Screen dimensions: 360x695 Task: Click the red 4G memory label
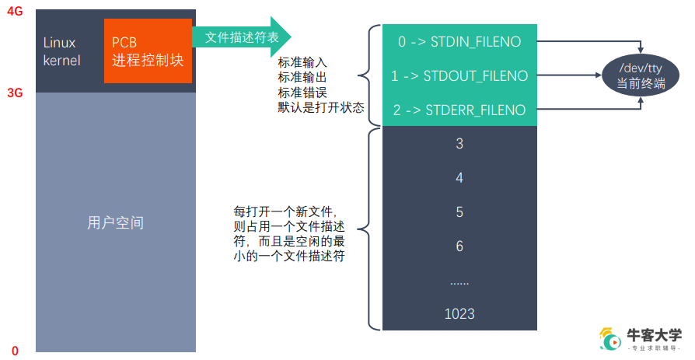coord(14,12)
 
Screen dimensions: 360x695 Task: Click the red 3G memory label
coord(14,93)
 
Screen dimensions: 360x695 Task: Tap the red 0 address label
coord(14,351)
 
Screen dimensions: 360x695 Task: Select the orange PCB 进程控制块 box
coord(148,51)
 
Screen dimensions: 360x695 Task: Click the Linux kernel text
coord(62,51)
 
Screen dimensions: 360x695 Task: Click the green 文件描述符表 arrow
coord(242,37)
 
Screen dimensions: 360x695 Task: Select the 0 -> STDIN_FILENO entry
coord(459,41)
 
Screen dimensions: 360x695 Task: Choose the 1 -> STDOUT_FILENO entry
coord(459,75)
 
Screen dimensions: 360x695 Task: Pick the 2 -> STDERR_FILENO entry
coord(459,110)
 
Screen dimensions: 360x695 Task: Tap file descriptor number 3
coord(459,144)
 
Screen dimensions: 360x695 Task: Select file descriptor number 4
coord(459,178)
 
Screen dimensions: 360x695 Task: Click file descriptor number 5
coord(459,212)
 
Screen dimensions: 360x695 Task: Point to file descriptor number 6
coord(459,246)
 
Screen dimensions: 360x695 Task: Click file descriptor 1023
coord(459,314)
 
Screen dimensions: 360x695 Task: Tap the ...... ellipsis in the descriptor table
coord(459,281)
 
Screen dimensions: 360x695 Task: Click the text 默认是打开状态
coord(321,107)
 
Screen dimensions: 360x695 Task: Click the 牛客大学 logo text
coord(655,335)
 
